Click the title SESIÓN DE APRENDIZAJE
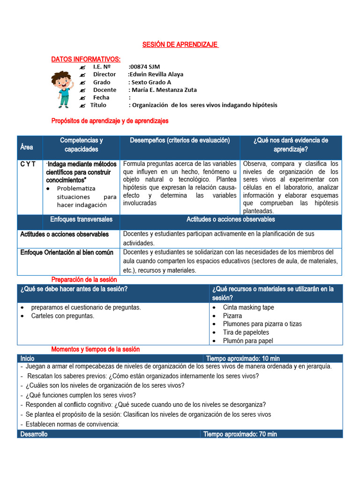pyautogui.click(x=180, y=45)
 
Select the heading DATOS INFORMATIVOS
pyautogui.click(x=86, y=59)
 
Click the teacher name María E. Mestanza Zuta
pyautogui.click(x=164, y=90)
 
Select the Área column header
pyautogui.click(x=27, y=147)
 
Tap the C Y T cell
pyautogui.click(x=28, y=164)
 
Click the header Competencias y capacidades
pyautogui.click(x=82, y=144)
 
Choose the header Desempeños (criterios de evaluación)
pyautogui.click(x=180, y=140)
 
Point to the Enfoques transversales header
pyautogui.click(x=82, y=219)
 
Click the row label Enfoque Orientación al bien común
pyautogui.click(x=67, y=252)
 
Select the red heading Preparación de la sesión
pyautogui.click(x=84, y=279)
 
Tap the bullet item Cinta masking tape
pyautogui.click(x=248, y=307)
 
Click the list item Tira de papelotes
pyautogui.click(x=246, y=332)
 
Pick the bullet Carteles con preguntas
pyautogui.click(x=62, y=316)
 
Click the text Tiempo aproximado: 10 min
pyautogui.click(x=243, y=358)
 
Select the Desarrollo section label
pyautogui.click(x=34, y=434)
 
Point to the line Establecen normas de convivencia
pyautogui.click(x=73, y=424)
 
